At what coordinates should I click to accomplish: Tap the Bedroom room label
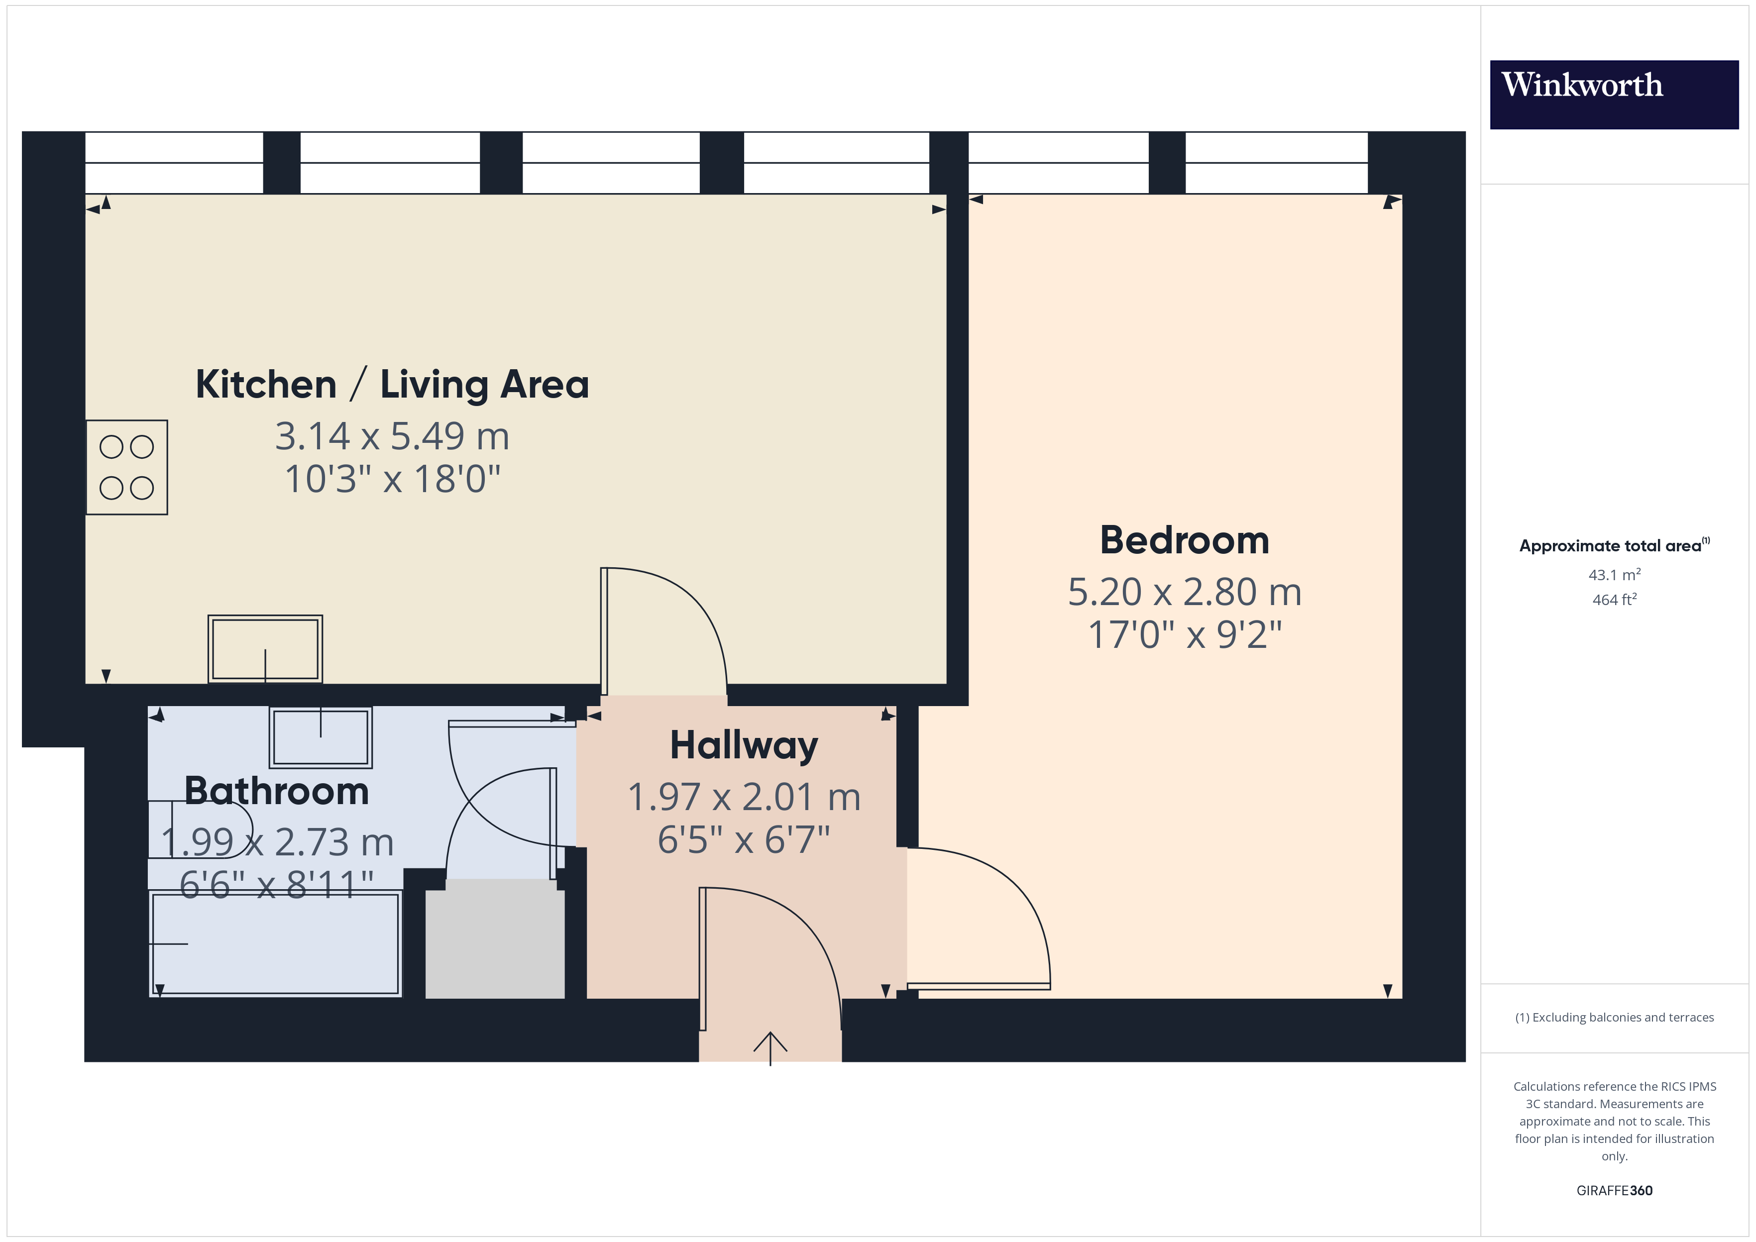pos(1184,541)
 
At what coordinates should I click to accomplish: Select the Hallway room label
pos(744,746)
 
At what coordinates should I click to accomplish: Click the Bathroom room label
pos(277,791)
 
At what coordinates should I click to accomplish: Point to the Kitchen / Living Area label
pos(392,385)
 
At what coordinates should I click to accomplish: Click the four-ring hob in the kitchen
pos(126,467)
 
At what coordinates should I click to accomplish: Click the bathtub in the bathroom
pos(275,943)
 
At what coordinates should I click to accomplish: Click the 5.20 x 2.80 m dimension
pos(1184,592)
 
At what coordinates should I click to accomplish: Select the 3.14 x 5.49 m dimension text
pos(392,437)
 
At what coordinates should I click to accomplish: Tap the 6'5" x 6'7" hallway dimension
pos(744,840)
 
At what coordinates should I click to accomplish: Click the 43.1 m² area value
pos(1614,574)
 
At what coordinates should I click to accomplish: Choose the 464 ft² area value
pos(1614,600)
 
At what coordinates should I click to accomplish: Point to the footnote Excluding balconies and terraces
pos(1614,1017)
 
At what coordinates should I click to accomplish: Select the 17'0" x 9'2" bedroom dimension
pos(1184,635)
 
